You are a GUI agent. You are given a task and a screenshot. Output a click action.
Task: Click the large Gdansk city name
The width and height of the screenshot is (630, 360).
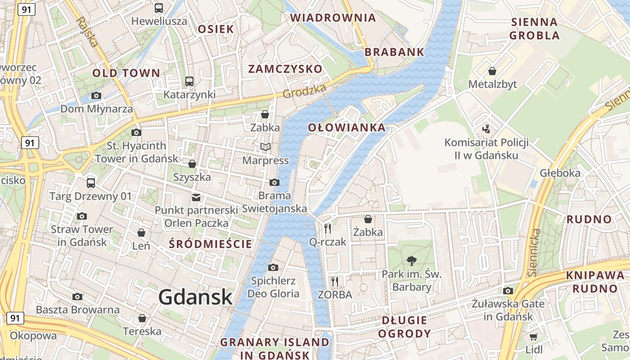tap(195, 297)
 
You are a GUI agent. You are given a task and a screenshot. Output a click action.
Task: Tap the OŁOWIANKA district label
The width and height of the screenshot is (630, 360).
tap(346, 128)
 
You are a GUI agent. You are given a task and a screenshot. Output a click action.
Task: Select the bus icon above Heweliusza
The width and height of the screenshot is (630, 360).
tap(159, 8)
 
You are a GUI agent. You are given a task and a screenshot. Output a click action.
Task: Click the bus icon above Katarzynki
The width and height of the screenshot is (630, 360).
tap(189, 81)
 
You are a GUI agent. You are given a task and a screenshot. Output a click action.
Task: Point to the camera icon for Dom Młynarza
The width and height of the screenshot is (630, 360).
tap(96, 95)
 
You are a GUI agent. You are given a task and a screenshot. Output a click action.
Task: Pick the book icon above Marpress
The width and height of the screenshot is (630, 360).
tap(265, 147)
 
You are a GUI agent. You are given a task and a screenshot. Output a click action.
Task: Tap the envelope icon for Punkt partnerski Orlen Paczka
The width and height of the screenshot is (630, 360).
tap(196, 197)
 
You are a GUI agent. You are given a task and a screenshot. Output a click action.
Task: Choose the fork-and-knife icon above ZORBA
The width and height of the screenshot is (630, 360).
tap(334, 282)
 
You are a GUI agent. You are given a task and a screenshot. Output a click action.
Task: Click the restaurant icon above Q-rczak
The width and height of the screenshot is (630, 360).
tap(328, 229)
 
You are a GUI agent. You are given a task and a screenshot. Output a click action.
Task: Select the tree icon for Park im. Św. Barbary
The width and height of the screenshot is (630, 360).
tap(411, 261)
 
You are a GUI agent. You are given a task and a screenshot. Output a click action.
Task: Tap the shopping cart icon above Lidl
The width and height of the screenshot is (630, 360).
tap(534, 337)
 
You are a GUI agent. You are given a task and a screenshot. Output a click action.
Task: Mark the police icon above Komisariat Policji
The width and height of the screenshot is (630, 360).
tap(486, 130)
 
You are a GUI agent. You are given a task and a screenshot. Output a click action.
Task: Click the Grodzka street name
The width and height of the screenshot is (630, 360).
tap(305, 92)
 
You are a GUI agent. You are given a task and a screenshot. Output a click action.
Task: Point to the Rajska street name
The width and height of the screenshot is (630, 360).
tap(87, 32)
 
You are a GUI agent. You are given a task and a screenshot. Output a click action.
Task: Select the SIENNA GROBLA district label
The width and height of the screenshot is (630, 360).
tap(535, 28)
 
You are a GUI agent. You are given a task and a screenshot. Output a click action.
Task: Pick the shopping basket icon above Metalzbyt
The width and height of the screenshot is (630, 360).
tap(492, 71)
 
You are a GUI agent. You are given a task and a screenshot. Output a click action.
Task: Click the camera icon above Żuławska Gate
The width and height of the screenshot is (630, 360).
tap(508, 291)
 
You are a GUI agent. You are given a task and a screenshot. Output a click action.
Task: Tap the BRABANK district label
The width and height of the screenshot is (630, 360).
tap(394, 52)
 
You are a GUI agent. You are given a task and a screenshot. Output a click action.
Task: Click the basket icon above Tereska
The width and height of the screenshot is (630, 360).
tap(142, 318)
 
